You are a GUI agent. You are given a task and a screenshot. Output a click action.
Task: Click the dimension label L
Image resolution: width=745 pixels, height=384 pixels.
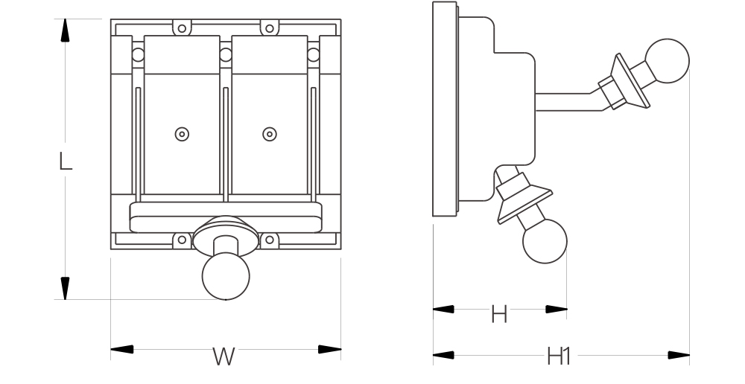pyautogui.click(x=66, y=161)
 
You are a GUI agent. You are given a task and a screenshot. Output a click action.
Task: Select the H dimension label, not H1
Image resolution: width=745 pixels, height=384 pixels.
pyautogui.click(x=499, y=315)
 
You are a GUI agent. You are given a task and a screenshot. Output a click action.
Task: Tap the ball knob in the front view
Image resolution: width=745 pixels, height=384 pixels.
pyautogui.click(x=226, y=276)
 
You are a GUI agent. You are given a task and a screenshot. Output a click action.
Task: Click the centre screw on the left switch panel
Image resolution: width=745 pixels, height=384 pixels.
pyautogui.click(x=180, y=134)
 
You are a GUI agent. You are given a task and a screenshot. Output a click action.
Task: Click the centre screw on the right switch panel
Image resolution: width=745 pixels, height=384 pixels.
pyautogui.click(x=269, y=134)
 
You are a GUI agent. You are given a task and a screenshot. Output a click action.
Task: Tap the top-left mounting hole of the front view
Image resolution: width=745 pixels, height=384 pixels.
pyautogui.click(x=180, y=28)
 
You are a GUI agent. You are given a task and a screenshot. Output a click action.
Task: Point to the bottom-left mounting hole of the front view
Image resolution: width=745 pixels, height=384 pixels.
pyautogui.click(x=180, y=240)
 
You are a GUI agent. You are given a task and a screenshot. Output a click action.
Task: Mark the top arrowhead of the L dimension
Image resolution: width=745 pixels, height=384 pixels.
pyautogui.click(x=66, y=31)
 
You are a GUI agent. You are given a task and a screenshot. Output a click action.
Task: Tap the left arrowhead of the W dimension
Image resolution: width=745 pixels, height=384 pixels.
pyautogui.click(x=121, y=348)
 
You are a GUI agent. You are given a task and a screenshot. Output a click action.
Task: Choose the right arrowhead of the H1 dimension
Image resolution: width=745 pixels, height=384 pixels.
pyautogui.click(x=679, y=356)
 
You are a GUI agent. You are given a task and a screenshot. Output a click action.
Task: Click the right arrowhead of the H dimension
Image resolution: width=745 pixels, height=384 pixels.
pyautogui.click(x=556, y=309)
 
